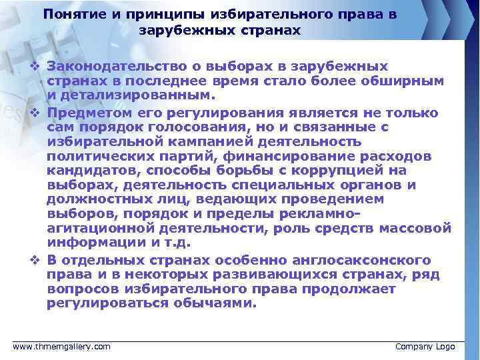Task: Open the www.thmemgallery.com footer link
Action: pos(62,347)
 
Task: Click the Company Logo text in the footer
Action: pos(425,347)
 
